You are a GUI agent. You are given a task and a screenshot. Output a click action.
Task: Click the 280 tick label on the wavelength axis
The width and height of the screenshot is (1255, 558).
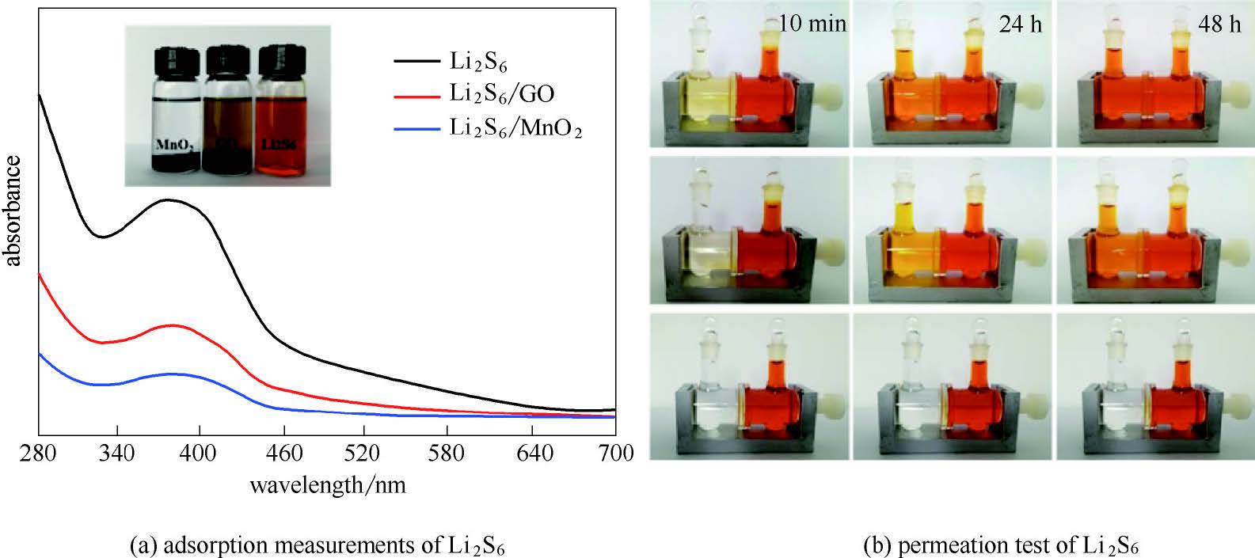38,454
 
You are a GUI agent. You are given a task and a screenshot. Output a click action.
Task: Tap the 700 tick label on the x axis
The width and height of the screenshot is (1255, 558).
615,454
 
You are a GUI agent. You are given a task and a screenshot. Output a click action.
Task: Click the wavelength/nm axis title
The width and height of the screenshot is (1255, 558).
328,484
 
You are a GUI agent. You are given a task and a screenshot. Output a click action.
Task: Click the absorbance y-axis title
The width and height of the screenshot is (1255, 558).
13,211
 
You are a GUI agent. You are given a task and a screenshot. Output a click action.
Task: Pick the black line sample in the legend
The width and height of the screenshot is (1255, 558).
416,60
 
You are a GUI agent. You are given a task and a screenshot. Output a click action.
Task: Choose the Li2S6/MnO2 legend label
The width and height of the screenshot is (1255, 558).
515,127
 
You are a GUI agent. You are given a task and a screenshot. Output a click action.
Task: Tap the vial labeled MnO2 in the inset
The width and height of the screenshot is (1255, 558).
175,119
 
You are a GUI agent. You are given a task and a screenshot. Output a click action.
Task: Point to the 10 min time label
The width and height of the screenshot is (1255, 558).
812,24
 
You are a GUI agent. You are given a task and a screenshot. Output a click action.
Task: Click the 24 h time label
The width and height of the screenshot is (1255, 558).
1021,25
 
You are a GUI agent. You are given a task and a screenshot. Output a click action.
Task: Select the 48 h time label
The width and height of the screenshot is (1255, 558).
1219,25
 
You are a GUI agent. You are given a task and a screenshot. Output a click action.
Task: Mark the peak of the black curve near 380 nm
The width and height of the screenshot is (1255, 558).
169,200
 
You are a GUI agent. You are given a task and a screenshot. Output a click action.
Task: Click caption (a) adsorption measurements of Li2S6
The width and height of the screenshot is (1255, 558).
318,545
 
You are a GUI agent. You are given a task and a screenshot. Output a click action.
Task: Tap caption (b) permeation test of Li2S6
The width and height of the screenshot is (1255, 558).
1002,545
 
